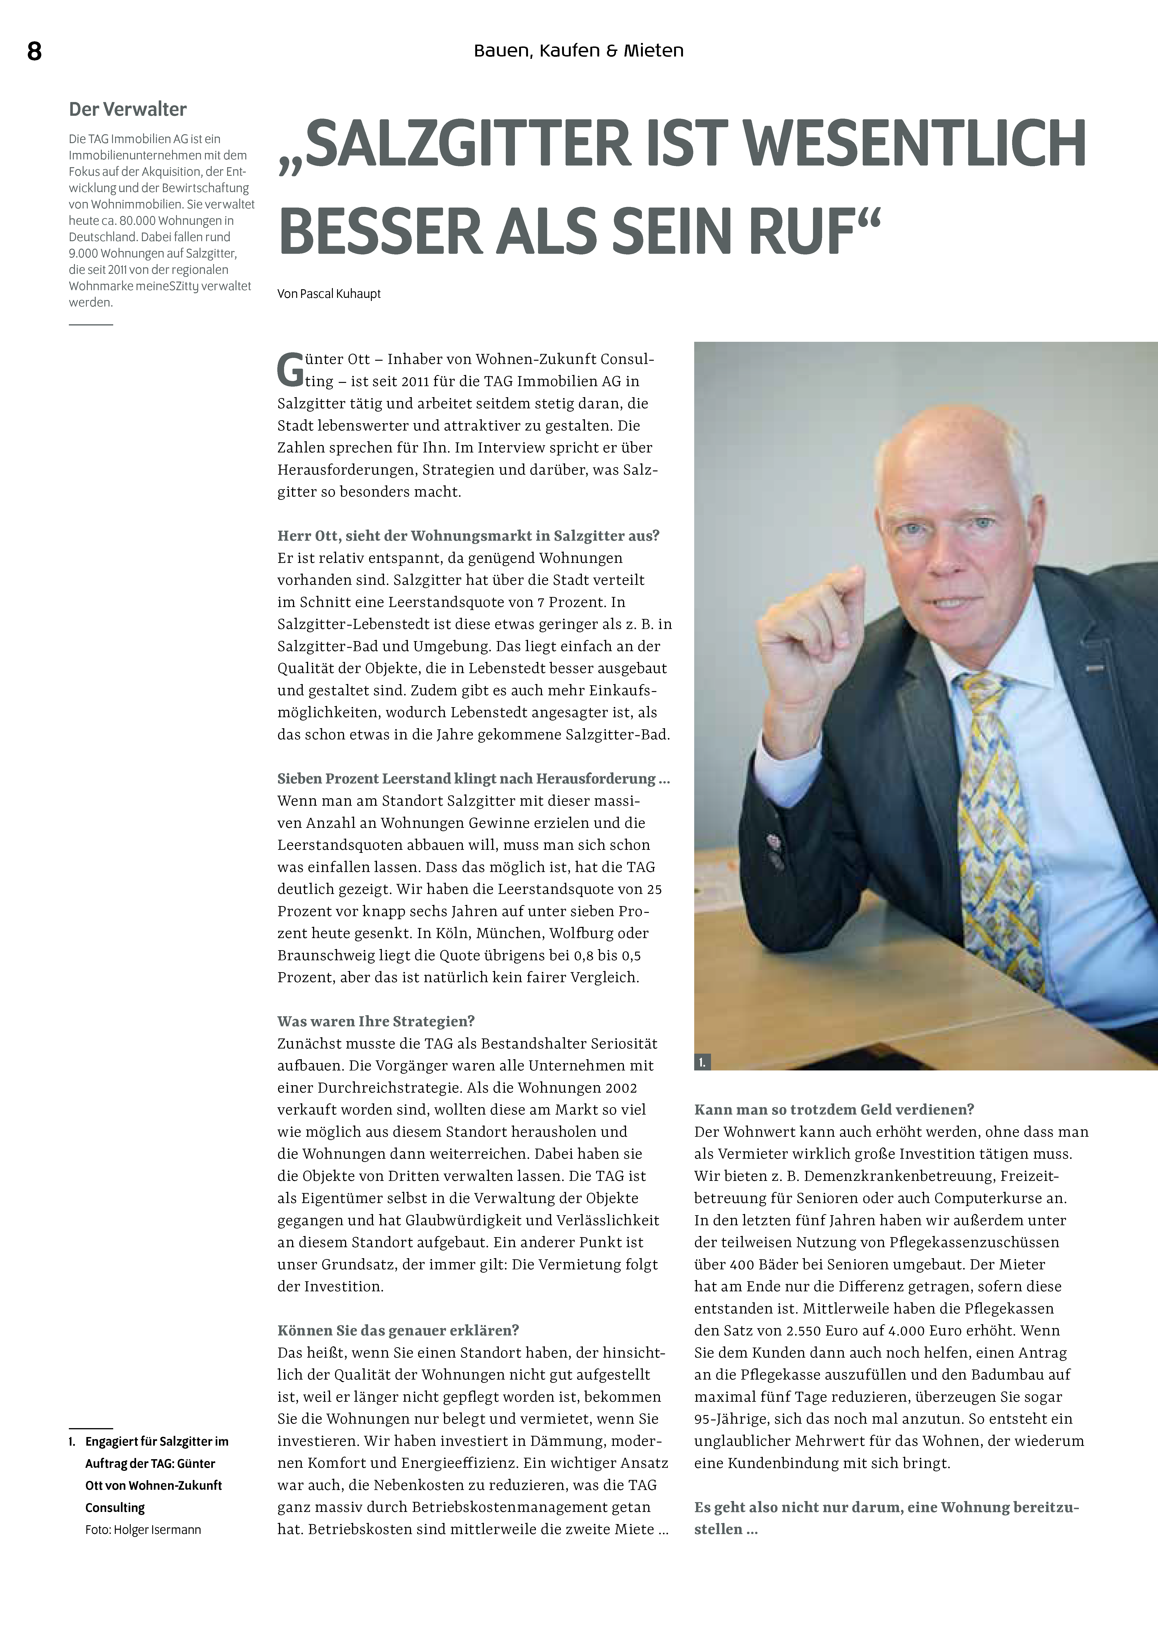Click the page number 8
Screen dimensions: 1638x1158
[34, 51]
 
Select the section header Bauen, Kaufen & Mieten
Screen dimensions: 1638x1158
[579, 51]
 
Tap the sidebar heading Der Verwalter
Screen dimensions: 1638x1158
[128, 109]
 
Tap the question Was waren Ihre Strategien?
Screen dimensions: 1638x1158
[376, 1021]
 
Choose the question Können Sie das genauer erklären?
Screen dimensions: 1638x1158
[398, 1331]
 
